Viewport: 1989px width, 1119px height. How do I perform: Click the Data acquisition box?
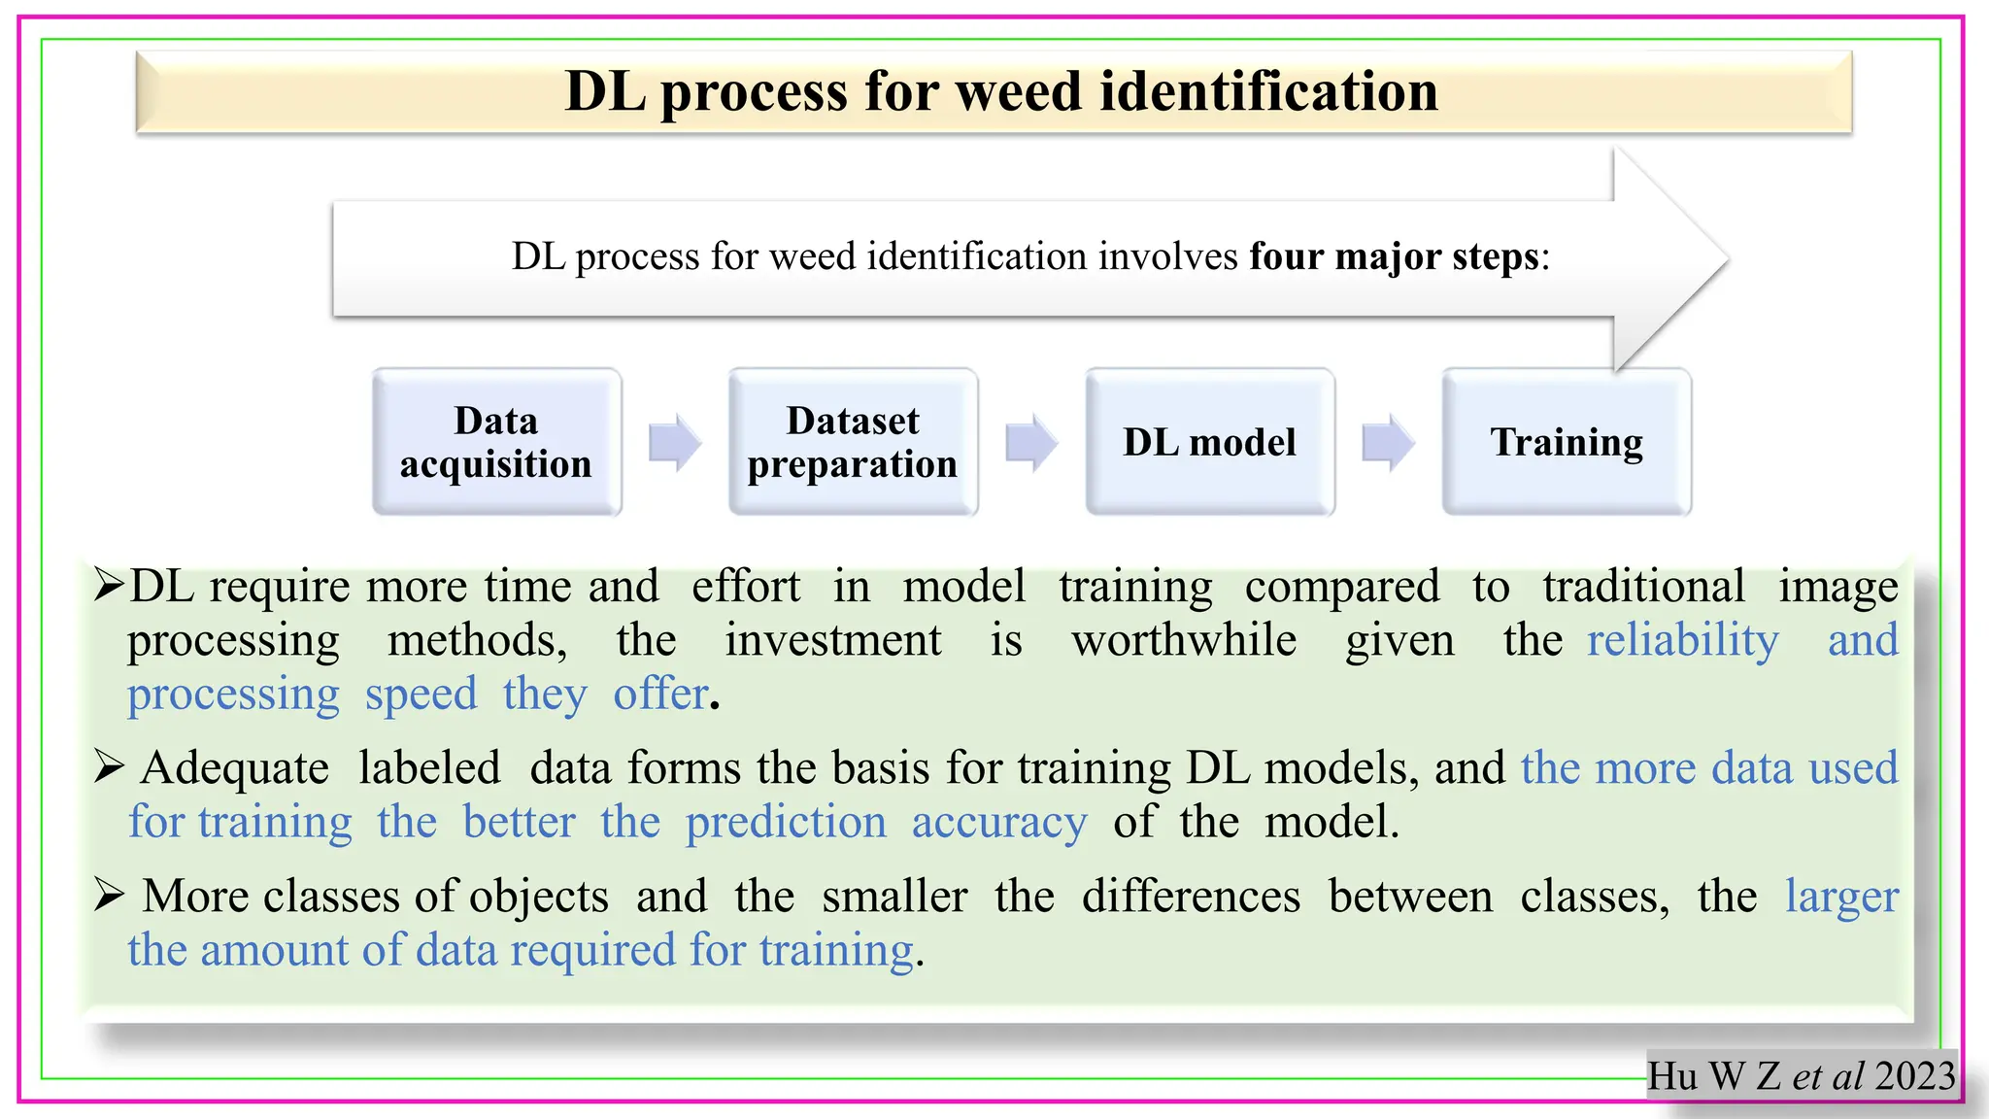(x=496, y=442)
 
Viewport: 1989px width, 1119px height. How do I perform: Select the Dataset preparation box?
(x=853, y=442)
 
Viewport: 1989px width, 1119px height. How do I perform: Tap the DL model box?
(x=1209, y=442)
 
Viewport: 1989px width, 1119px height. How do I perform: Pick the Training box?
(x=1567, y=442)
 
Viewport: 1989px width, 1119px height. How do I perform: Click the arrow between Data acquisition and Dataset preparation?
(x=675, y=442)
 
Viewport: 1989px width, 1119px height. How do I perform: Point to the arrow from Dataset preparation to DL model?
(x=1031, y=442)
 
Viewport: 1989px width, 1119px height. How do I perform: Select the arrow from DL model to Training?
(x=1389, y=442)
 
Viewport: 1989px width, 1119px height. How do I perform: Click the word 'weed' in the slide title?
(x=1020, y=91)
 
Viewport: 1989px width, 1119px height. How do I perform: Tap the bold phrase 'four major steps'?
(x=1395, y=256)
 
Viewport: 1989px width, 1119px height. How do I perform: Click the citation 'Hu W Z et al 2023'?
(x=1802, y=1075)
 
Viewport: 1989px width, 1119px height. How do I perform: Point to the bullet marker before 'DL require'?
(x=109, y=585)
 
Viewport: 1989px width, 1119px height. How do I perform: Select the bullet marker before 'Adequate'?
(x=109, y=767)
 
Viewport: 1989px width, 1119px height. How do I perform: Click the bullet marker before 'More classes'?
(x=109, y=895)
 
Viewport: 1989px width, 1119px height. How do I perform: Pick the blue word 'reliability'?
(x=1683, y=641)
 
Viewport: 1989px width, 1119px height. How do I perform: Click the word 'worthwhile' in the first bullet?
(x=1184, y=641)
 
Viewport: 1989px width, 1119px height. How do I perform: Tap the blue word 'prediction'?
(x=786, y=823)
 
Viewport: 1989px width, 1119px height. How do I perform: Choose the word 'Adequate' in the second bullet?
(x=235, y=768)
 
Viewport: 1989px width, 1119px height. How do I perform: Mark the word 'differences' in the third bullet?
(x=1191, y=896)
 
